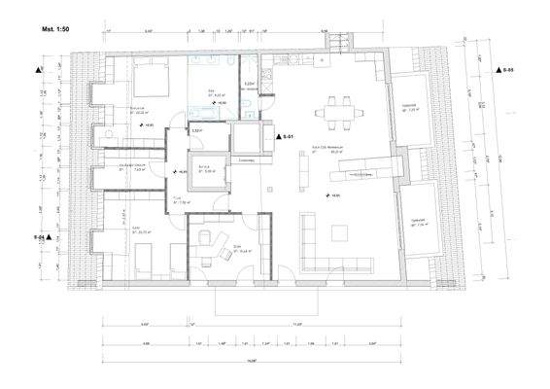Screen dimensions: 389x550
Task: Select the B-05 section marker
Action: tap(504, 72)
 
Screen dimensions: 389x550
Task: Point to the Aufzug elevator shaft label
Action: tap(206, 166)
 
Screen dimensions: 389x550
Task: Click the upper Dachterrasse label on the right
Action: tap(409, 107)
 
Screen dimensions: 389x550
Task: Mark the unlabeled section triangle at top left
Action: tap(37, 71)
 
